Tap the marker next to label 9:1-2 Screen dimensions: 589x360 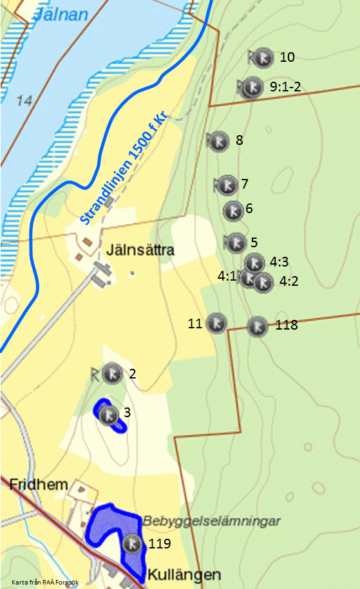pos(251,86)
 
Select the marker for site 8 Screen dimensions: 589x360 pos(219,140)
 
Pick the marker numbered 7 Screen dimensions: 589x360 pos(226,185)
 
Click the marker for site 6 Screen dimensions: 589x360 pos(232,210)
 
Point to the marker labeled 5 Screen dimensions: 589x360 pos(236,243)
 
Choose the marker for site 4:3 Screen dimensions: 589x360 pos(255,263)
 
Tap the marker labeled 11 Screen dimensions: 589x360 pos(217,324)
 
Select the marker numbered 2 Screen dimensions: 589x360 pos(113,373)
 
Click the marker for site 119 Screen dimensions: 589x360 pos(133,544)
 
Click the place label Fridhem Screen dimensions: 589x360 pos(38,485)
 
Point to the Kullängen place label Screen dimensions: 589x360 pos(184,575)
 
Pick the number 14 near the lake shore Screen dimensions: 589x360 pos(25,100)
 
